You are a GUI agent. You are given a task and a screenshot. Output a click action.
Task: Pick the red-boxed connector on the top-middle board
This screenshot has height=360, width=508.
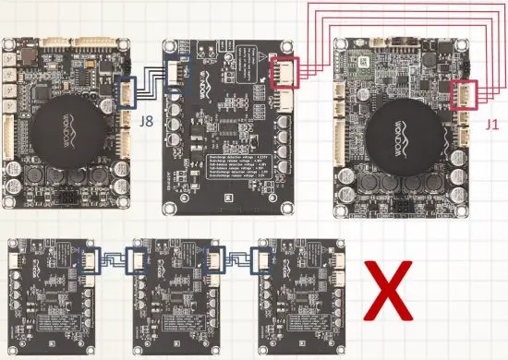[284, 71]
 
